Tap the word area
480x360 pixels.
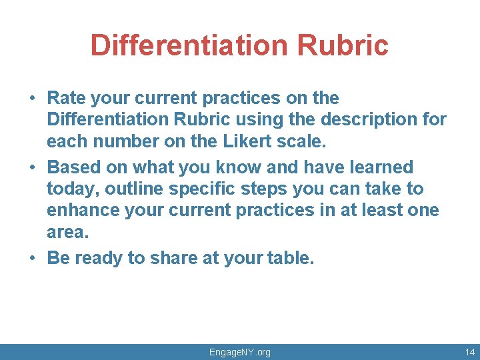pos(67,232)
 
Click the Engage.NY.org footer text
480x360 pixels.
pos(240,351)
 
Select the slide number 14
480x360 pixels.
pos(470,351)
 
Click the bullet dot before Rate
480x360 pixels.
pos(32,99)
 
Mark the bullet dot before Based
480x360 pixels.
pos(32,167)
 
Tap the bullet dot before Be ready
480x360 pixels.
pos(32,259)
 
